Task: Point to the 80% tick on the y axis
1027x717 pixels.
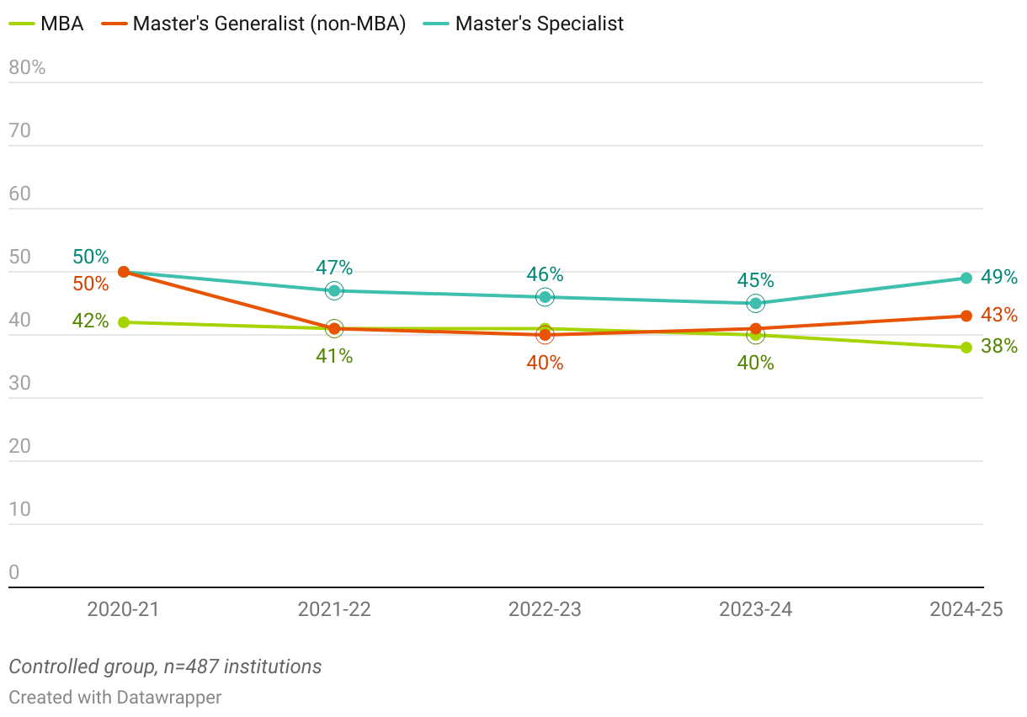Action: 27,68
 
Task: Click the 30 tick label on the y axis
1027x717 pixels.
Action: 19,384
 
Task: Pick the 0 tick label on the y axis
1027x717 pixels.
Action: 13,573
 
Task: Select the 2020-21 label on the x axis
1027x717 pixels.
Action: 123,609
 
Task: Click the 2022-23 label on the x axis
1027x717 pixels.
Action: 545,609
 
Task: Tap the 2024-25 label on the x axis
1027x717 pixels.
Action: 966,609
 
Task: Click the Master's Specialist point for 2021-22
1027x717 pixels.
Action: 334,290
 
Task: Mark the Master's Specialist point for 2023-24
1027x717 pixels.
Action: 756,303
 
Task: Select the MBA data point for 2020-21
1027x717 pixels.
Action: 124,322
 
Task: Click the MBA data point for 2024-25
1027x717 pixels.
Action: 966,348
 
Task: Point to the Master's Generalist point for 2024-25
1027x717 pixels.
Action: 966,316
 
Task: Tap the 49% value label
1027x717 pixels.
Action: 999,277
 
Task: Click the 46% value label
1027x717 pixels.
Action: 545,274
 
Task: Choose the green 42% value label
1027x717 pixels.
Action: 90,321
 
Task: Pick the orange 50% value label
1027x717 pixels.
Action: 90,284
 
